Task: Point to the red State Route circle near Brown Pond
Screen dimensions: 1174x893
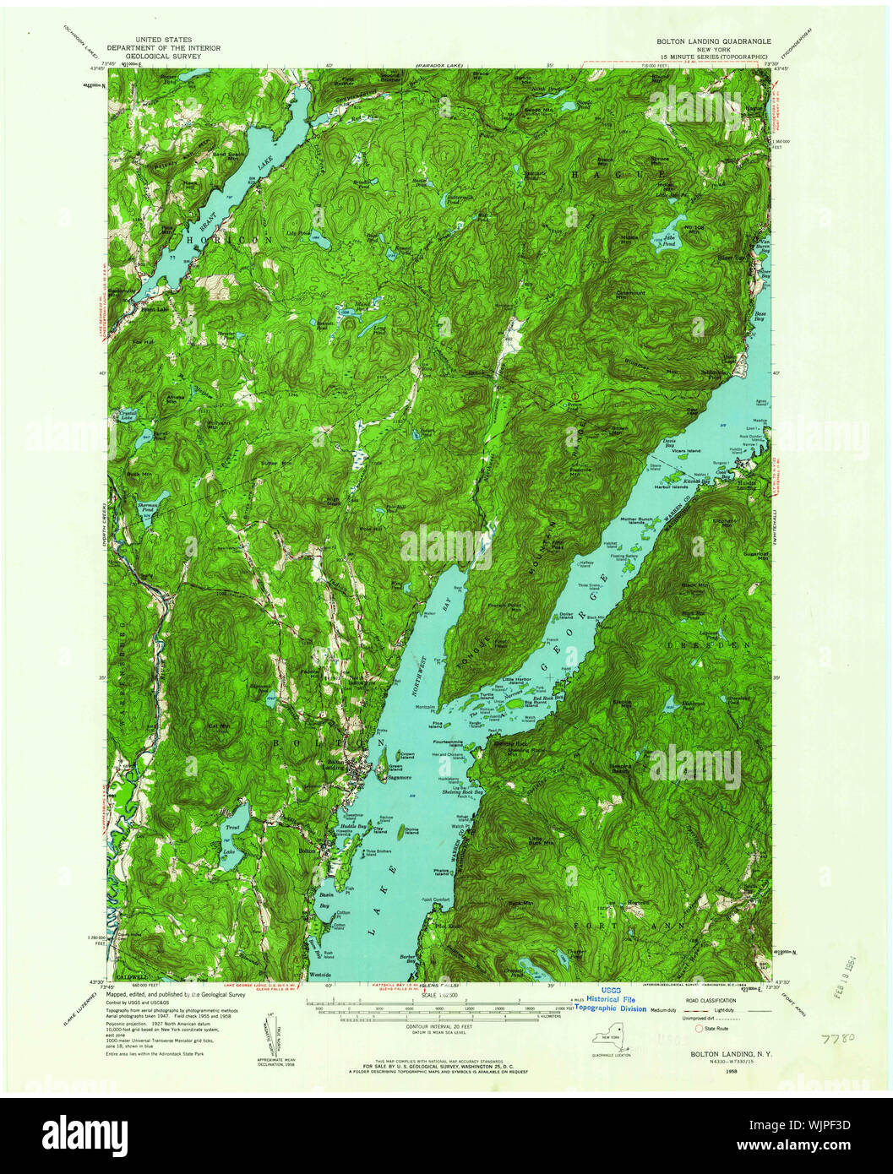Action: pos(574,395)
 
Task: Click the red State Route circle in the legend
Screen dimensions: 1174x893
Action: pos(698,1029)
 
